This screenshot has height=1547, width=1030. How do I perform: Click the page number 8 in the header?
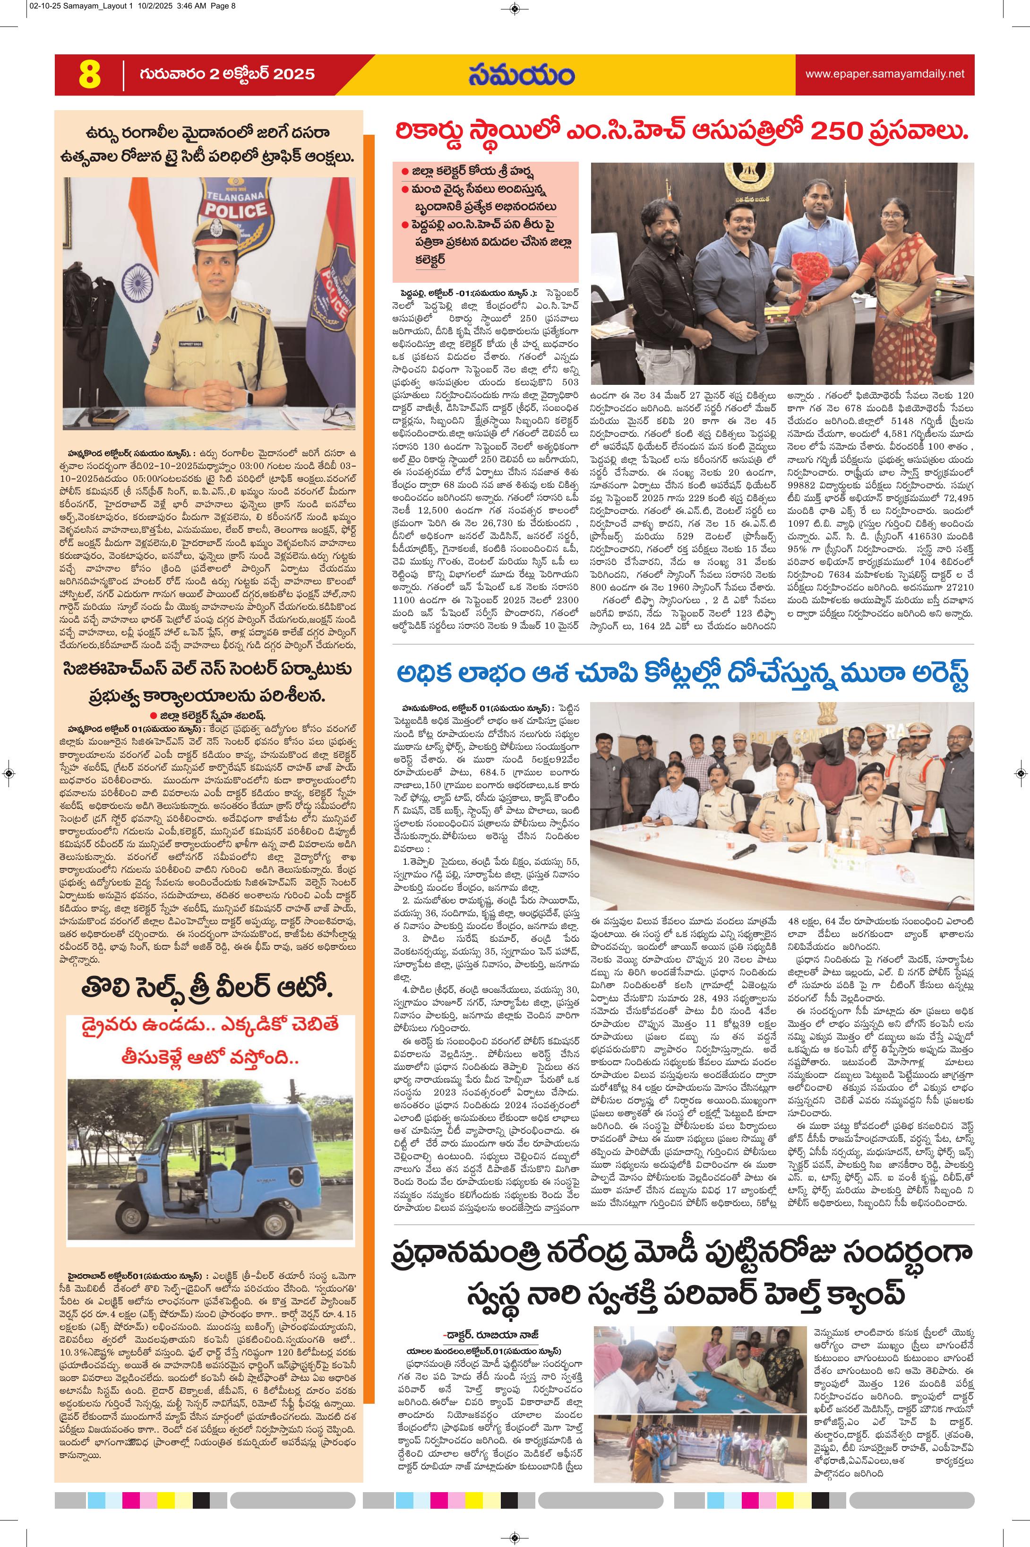pyautogui.click(x=89, y=75)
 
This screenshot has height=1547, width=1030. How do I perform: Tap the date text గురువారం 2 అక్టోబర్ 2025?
pyautogui.click(x=227, y=74)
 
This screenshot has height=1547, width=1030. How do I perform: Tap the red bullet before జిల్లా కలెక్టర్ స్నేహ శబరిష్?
pyautogui.click(x=153, y=716)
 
